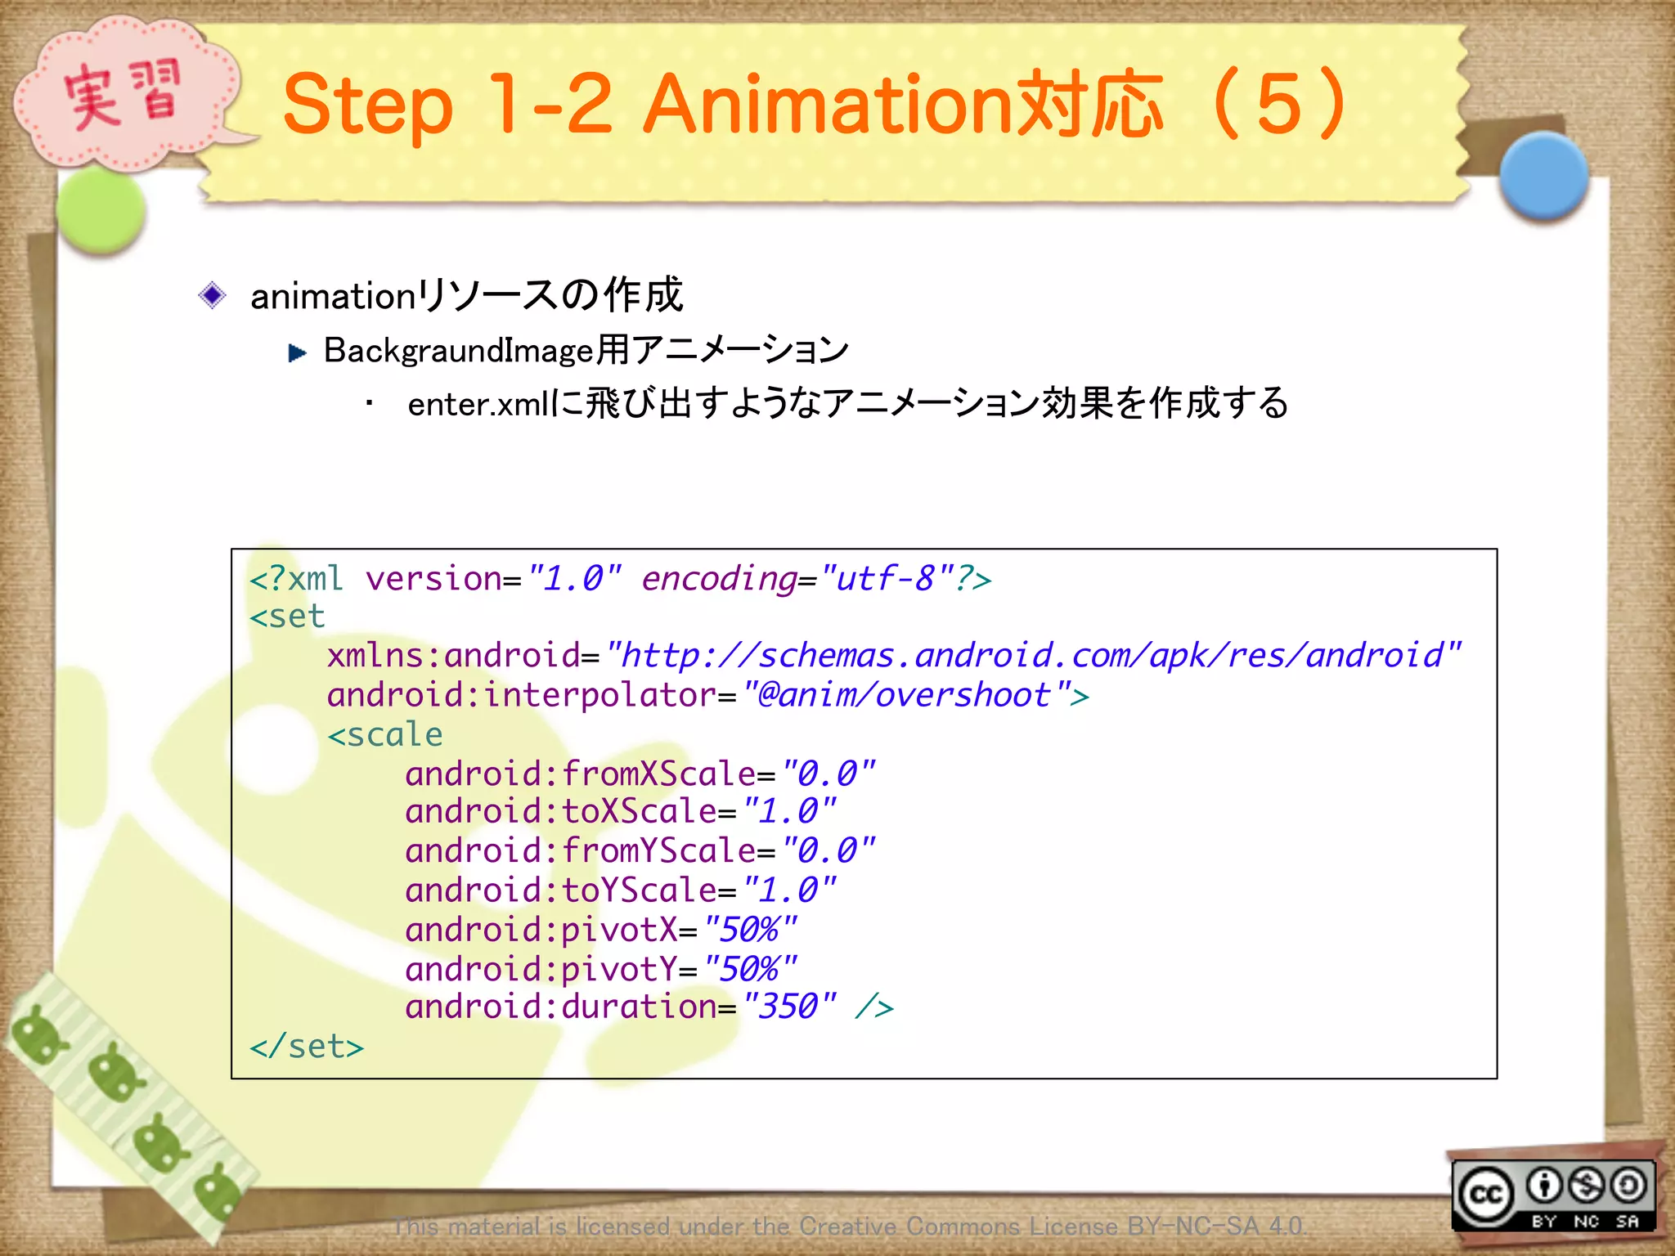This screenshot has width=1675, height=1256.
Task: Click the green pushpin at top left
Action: click(x=102, y=210)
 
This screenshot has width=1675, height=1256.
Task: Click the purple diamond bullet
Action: click(x=213, y=295)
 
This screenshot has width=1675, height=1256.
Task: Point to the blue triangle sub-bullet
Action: click(x=297, y=352)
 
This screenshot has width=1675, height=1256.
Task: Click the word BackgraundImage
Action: click(x=458, y=351)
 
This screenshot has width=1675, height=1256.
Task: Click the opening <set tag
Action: click(x=287, y=617)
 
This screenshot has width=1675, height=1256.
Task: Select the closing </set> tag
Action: click(x=307, y=1047)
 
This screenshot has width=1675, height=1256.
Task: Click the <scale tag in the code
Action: click(x=385, y=734)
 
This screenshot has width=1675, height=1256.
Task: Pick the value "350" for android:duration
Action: click(x=788, y=1007)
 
